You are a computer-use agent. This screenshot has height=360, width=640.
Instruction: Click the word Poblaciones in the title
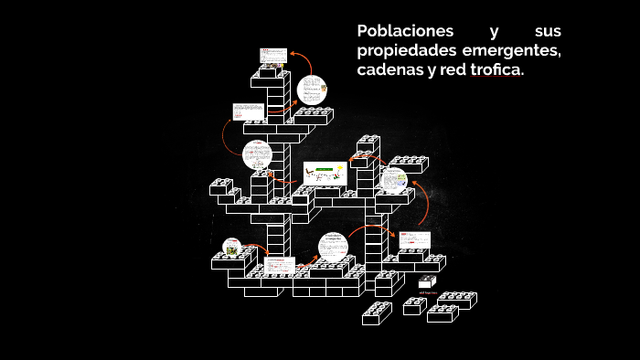pyautogui.click(x=398, y=31)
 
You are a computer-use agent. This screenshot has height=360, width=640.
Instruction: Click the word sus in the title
pyautogui.click(x=548, y=31)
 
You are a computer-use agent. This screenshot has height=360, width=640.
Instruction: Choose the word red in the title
pyautogui.click(x=453, y=70)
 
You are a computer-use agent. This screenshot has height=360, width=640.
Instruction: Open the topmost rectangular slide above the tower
pyautogui.click(x=272, y=57)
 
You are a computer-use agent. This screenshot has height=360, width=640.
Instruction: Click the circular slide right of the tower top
pyautogui.click(x=312, y=90)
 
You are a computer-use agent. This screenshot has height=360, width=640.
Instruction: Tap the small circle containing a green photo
pyautogui.click(x=232, y=248)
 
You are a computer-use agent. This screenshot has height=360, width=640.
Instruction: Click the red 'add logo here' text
pyautogui.click(x=428, y=293)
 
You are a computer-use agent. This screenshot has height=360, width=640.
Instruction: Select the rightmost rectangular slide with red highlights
pyautogui.click(x=412, y=240)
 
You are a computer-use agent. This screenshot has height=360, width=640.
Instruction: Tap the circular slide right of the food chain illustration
pyautogui.click(x=394, y=179)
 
